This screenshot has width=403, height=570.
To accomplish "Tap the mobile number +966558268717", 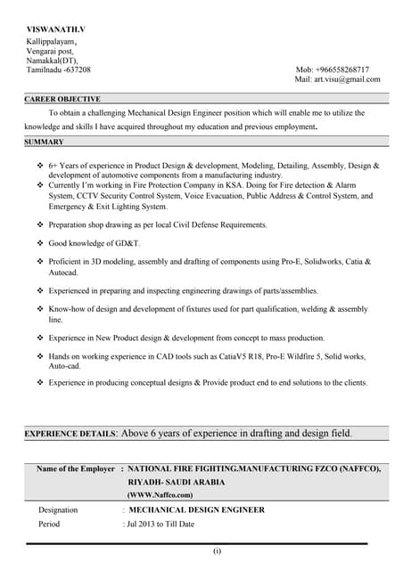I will (344, 69).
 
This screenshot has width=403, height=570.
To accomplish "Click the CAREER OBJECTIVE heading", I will (62, 99).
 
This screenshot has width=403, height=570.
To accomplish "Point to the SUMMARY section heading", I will (44, 142).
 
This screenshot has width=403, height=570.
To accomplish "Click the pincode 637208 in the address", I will (77, 69).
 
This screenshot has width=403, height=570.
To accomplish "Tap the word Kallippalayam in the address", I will (50, 41).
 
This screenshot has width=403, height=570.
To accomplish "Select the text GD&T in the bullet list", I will (127, 242).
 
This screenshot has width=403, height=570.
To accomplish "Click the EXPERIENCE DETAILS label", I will (70, 434).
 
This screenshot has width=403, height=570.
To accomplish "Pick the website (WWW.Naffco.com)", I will (160, 494).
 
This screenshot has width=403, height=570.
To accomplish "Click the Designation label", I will (58, 510).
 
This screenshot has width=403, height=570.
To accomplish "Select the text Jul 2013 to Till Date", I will (161, 524).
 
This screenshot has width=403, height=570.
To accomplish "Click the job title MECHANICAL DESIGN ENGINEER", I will (196, 510).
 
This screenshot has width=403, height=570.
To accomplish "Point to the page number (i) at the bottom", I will (217, 552).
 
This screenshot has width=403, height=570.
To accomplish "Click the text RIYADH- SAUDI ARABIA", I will (177, 482).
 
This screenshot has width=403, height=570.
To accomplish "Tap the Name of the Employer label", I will (76, 468).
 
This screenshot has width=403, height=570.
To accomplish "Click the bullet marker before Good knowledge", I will (40, 242).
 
